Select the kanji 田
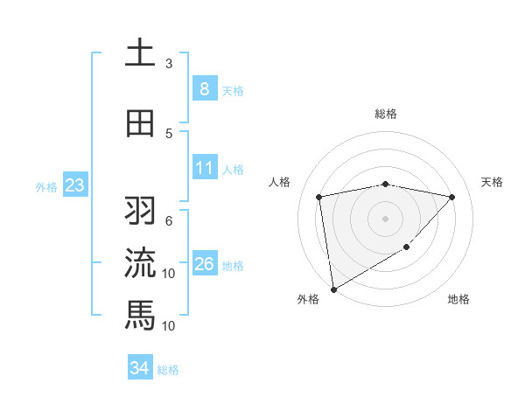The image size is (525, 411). (x=140, y=123)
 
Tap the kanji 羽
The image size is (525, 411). (x=140, y=211)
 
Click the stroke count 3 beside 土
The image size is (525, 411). (x=169, y=64)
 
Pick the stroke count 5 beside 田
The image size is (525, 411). (x=169, y=133)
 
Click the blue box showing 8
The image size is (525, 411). (x=204, y=88)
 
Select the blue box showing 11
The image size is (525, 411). (x=204, y=167)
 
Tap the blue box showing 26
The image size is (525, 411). (x=204, y=263)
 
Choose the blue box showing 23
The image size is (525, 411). (x=74, y=185)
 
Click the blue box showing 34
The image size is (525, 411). (x=139, y=368)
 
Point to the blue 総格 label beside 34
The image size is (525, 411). (x=168, y=370)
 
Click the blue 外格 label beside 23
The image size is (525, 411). (x=46, y=186)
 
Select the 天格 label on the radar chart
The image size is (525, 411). (x=492, y=182)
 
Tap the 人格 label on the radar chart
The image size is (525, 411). (x=280, y=182)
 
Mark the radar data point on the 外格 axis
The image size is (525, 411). (x=332, y=289)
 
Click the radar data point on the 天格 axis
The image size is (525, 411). (x=451, y=197)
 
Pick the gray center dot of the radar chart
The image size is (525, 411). (x=385, y=218)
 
